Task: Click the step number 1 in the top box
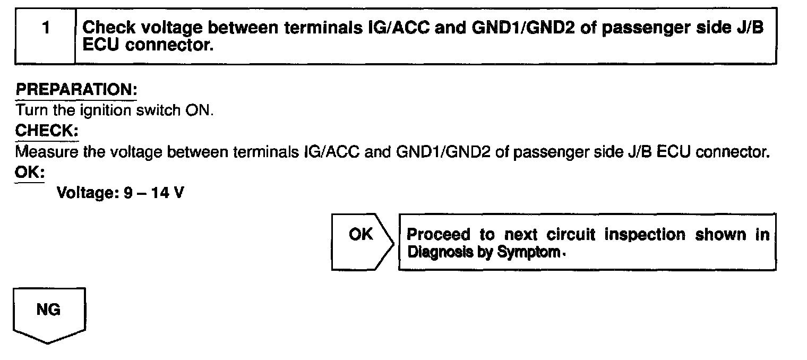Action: tap(46, 28)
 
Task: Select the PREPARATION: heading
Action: tap(76, 90)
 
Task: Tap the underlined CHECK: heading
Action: tap(47, 131)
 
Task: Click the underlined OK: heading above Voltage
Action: tap(30, 173)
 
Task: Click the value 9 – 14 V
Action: tap(154, 193)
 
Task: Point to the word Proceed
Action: tap(439, 235)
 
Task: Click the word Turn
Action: tap(30, 111)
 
